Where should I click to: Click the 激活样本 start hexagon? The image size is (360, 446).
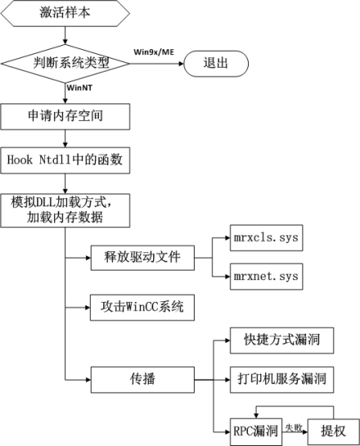click(63, 13)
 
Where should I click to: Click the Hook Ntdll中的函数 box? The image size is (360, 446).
click(63, 160)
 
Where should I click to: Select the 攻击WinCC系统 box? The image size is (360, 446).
click(142, 309)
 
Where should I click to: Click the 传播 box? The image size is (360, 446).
click(142, 380)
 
